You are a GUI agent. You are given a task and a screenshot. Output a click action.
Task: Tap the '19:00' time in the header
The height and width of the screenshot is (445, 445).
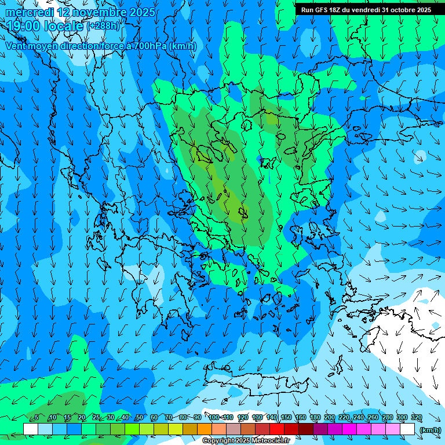pos(23,26)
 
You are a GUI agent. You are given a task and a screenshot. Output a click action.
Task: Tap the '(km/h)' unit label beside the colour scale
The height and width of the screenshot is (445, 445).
pos(429,430)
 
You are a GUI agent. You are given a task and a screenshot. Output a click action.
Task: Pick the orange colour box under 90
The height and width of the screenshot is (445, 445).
pos(205,429)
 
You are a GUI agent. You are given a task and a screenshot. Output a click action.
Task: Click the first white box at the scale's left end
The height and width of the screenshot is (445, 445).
pos(31,429)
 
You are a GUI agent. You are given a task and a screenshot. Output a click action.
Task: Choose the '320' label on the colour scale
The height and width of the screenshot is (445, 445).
pos(416,418)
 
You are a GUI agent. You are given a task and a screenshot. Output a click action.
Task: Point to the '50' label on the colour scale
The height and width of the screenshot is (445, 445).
pos(139,418)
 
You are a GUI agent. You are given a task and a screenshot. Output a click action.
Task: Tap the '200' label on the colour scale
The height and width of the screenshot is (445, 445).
pos(329,418)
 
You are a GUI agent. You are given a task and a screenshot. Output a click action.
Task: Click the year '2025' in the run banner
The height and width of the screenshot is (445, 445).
pos(424,10)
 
